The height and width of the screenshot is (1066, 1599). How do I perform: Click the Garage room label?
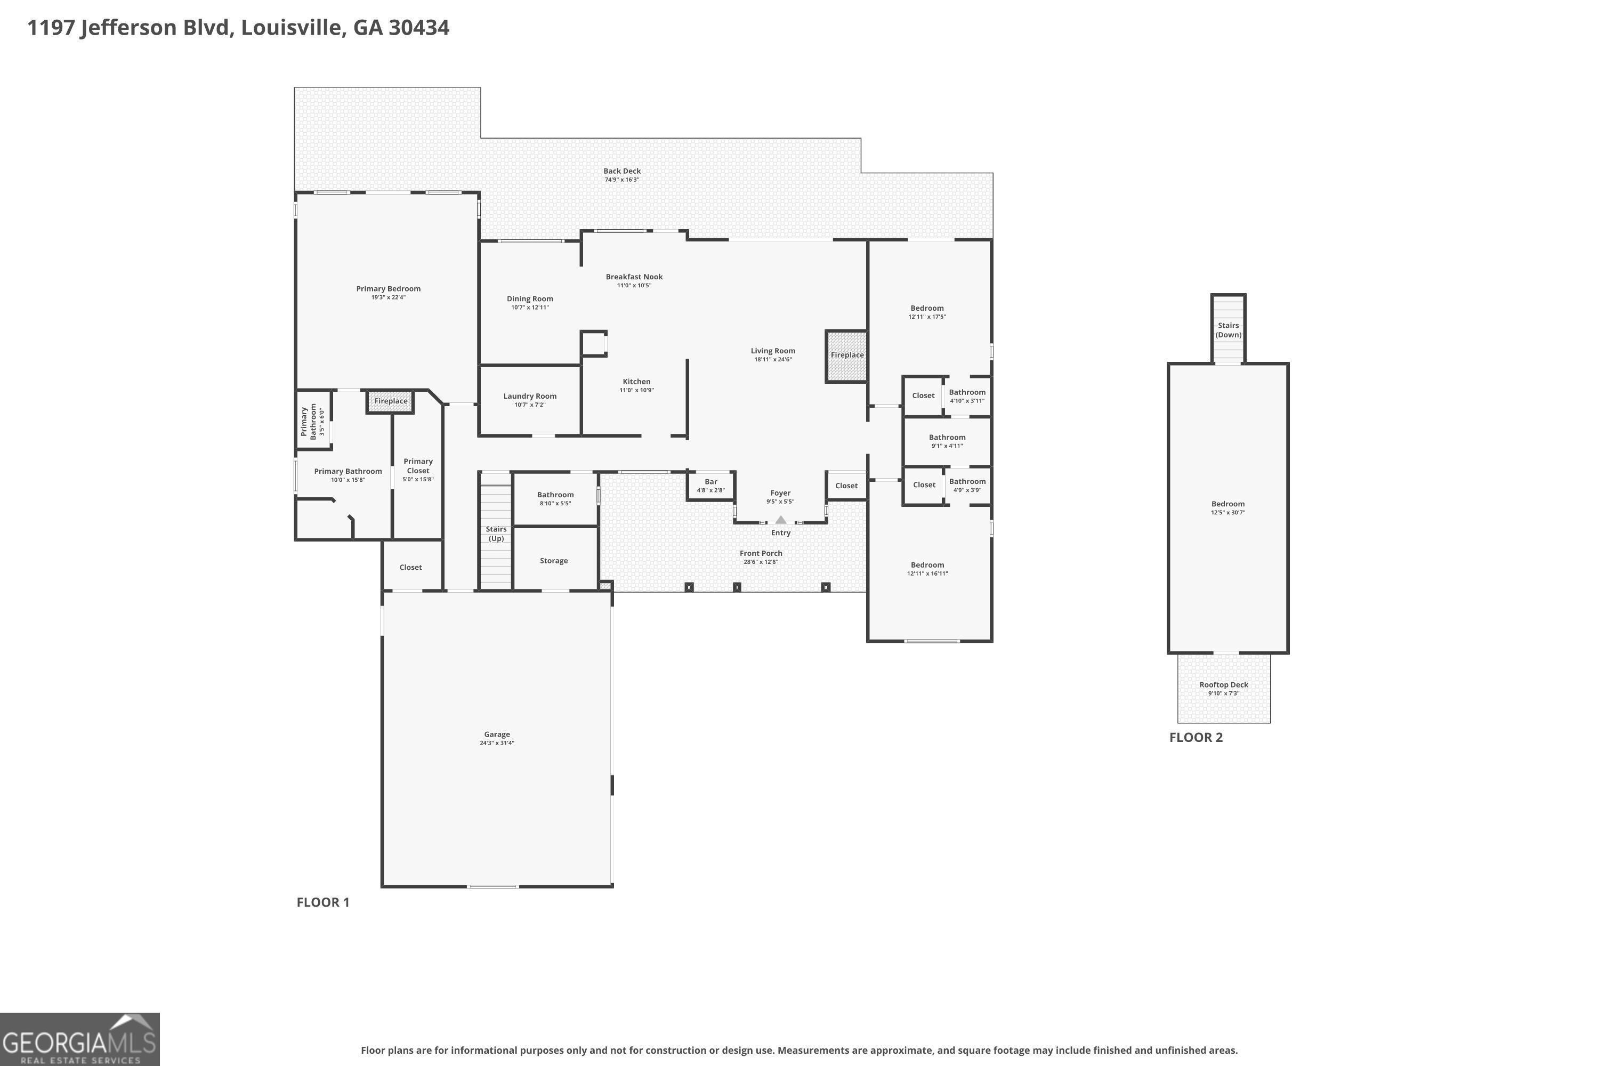point(497,734)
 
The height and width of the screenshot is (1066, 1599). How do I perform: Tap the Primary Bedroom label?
point(388,289)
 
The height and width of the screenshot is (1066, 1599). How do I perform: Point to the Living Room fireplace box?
point(846,356)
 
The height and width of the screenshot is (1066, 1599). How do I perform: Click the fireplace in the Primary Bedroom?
point(390,401)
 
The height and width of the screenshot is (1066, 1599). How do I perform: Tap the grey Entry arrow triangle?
point(780,520)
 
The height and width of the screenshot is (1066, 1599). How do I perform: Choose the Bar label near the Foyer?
point(710,482)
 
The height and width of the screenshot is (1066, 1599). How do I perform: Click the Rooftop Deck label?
point(1224,684)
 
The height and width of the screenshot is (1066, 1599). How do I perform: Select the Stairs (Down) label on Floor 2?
point(1228,330)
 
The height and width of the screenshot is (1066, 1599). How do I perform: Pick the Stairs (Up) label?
point(496,534)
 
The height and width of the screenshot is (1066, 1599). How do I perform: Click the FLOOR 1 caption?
point(323,902)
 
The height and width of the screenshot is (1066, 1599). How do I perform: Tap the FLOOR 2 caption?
point(1196,738)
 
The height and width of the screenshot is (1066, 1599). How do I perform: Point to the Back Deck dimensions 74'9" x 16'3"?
point(622,180)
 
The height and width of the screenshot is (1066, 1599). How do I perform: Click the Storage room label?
point(553,561)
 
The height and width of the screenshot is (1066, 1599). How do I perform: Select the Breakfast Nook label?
point(634,277)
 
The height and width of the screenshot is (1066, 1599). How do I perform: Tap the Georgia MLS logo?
point(79,1039)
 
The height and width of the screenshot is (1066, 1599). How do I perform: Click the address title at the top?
point(238,28)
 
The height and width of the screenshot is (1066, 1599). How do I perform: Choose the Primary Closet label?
point(418,466)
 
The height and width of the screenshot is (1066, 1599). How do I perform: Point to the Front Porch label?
point(761,553)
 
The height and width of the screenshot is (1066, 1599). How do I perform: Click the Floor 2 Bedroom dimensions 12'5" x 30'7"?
point(1228,513)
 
